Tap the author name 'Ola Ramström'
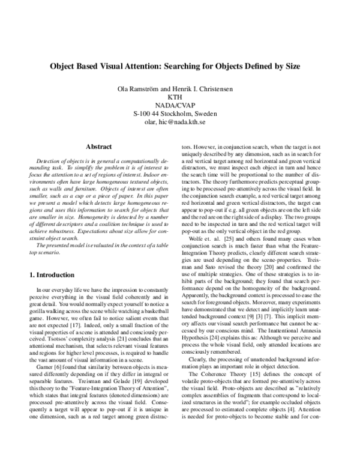click(x=143, y=89)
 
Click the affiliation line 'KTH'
click(x=180, y=97)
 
